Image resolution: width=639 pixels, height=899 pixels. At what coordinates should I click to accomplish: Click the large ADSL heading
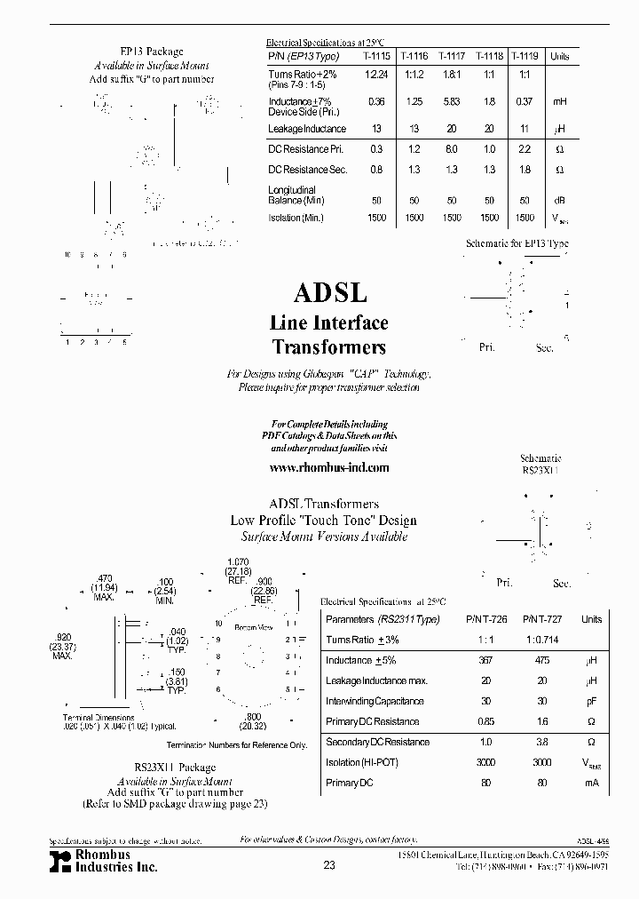pos(330,293)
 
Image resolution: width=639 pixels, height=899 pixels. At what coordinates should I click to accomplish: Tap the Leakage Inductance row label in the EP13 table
pos(305,129)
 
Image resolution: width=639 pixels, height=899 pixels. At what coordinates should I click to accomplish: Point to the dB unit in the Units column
pos(560,200)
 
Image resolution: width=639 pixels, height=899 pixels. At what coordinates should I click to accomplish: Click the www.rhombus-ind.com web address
pos(328,467)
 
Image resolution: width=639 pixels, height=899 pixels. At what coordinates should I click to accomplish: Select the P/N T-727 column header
pos(536,619)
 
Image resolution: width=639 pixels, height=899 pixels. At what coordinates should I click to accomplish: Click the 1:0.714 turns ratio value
pos(536,640)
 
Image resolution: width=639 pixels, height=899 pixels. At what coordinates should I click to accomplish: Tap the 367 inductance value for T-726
pos(485,660)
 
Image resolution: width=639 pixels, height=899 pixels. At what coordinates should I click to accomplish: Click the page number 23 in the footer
pos(329,867)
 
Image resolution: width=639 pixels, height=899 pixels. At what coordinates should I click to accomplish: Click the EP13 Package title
pos(152,52)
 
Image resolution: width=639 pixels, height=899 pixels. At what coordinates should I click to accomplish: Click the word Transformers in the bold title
pos(328,346)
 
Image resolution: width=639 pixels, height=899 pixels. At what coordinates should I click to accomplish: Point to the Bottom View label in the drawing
pos(253,628)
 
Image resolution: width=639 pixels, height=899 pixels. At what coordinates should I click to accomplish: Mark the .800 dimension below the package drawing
pos(254,716)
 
